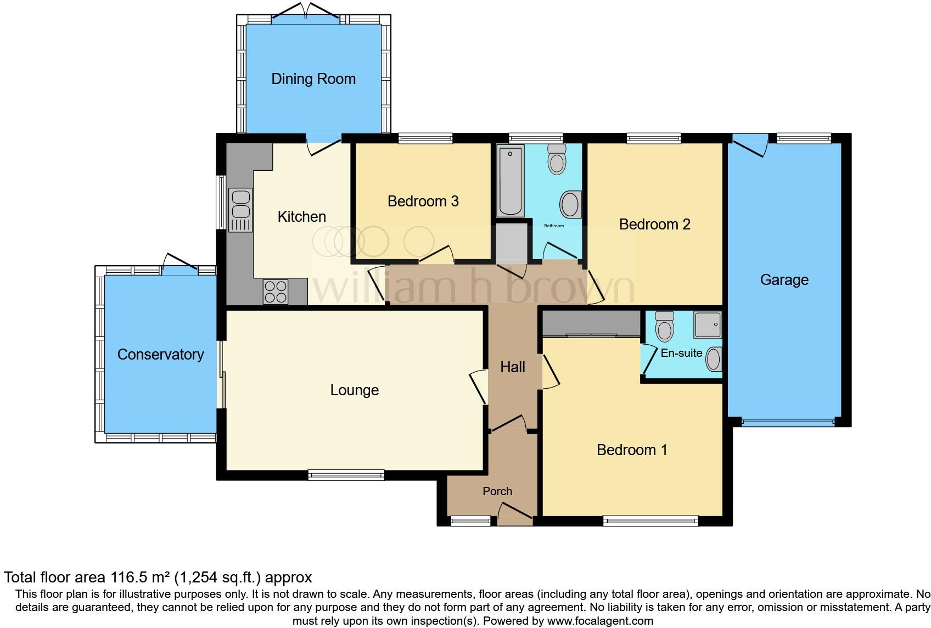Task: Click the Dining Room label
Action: [313, 79]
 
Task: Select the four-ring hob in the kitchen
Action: [276, 291]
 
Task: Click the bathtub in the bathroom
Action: [511, 181]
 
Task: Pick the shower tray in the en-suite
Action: [708, 324]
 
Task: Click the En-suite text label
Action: [681, 353]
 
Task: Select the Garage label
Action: [784, 280]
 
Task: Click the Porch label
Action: [497, 491]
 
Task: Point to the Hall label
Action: [513, 367]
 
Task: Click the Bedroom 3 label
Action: [423, 201]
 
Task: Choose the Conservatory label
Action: [160, 355]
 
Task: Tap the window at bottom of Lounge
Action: [346, 475]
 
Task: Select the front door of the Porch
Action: [515, 516]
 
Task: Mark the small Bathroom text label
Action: [554, 226]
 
